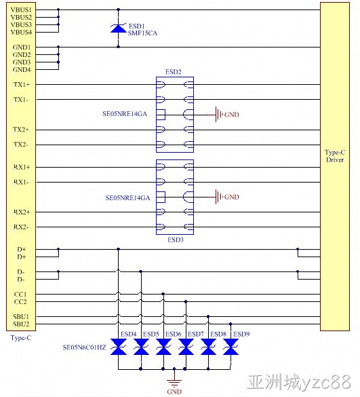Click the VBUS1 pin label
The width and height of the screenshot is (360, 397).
[21, 10]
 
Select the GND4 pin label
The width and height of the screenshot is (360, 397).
[22, 70]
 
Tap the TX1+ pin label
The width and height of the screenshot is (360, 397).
[22, 85]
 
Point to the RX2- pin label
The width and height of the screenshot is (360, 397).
[21, 227]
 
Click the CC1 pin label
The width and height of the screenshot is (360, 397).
[20, 295]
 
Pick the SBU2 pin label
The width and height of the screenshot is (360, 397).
[21, 324]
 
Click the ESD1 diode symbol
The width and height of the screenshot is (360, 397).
[118, 29]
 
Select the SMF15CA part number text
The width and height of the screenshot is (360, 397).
[142, 33]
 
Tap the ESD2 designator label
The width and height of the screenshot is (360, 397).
[174, 72]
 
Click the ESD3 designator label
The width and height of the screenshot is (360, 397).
[176, 240]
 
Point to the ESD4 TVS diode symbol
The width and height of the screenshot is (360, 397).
[119, 347]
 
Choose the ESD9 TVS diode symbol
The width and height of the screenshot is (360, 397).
[231, 347]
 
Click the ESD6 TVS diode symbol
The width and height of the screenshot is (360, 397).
[163, 347]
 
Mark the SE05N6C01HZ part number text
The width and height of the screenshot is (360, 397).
[85, 347]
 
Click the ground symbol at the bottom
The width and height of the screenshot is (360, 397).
[174, 382]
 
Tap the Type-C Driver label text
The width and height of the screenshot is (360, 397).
[335, 156]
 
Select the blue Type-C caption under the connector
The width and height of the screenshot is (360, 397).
[21, 338]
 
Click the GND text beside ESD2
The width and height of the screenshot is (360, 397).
[232, 115]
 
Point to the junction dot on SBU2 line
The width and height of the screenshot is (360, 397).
[231, 324]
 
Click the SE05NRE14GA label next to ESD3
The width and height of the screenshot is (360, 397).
[127, 197]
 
